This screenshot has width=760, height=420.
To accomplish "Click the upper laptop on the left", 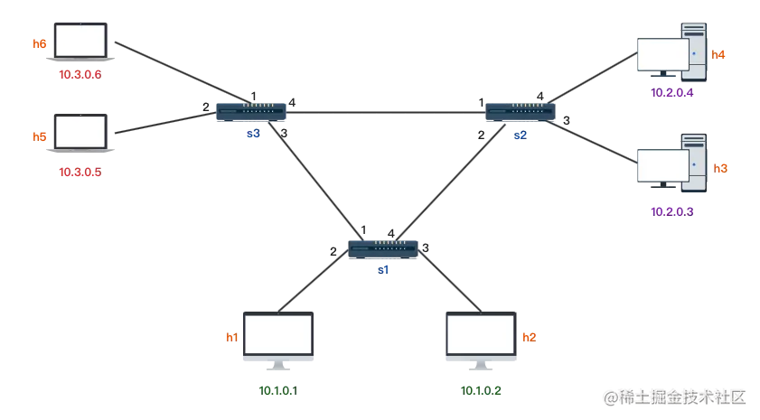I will [80, 42].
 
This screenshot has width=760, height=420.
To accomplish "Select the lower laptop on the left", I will [80, 132].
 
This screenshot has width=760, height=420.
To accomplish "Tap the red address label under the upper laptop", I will [80, 74].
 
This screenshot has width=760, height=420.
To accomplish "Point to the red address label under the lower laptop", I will [80, 172].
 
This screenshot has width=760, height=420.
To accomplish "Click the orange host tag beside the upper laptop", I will [39, 42].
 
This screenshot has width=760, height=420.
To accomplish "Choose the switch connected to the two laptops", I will [251, 112].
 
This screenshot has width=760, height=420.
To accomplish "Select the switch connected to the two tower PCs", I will [520, 112].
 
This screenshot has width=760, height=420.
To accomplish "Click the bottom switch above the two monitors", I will [384, 248].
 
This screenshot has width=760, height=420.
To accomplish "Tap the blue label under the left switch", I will [252, 136].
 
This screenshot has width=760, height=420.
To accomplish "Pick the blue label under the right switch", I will [520, 136].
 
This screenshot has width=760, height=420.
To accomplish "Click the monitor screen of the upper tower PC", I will [661, 53].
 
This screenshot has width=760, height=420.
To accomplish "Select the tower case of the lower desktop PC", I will [694, 163].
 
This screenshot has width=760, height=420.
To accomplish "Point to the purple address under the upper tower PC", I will [672, 92].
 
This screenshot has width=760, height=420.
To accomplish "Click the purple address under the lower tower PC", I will [672, 211].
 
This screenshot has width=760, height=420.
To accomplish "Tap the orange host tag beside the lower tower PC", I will [720, 167].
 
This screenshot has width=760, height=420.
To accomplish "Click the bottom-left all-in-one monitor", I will [278, 336].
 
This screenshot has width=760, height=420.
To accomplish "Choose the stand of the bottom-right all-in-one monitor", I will [481, 368].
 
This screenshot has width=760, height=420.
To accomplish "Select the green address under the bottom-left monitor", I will [275, 391].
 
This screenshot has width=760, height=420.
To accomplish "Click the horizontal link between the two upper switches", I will [386, 112].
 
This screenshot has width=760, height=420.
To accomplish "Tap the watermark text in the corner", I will [674, 396].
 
